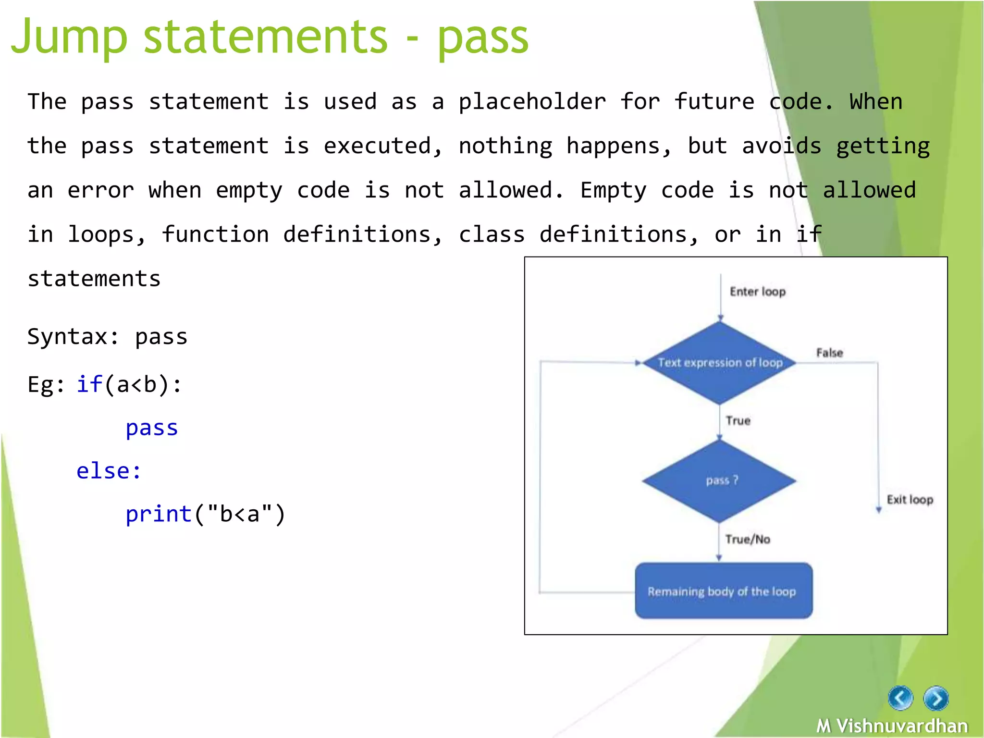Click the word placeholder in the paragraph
532,102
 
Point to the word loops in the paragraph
107,234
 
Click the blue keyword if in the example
89,384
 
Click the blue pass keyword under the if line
152,428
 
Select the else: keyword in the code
109,471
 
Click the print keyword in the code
159,514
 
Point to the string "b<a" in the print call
240,514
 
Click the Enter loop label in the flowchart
757,292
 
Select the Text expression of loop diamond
720,363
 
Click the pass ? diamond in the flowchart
720,480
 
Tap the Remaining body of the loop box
723,591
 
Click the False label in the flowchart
829,353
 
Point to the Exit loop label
910,500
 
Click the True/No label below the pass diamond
748,539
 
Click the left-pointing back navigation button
900,698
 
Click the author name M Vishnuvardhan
892,726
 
